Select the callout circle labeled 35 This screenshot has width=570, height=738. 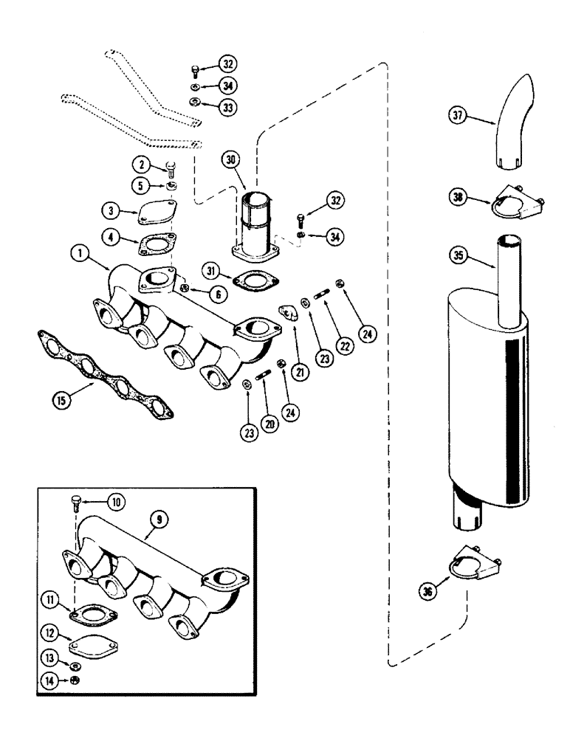[x=457, y=258]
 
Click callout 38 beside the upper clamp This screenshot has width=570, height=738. [x=458, y=198]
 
